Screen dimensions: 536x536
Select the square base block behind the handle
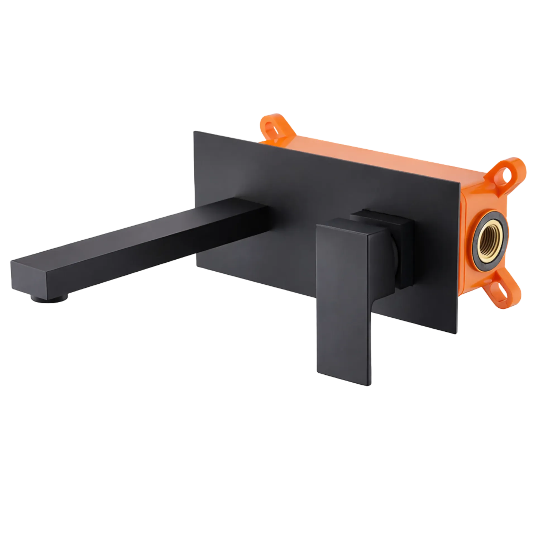click(402, 251)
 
